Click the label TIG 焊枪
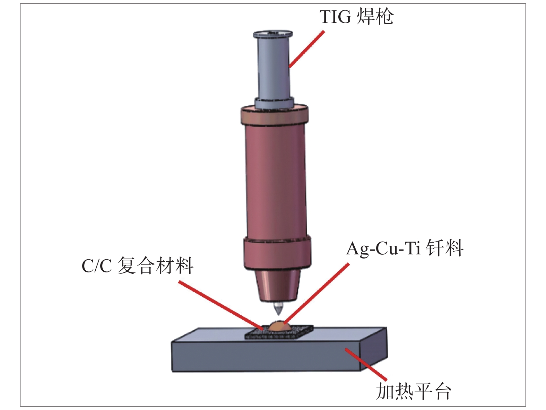pyautogui.click(x=356, y=17)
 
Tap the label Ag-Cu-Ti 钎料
pyautogui.click(x=405, y=248)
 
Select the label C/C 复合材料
pyautogui.click(x=137, y=266)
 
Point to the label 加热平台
pyautogui.click(x=413, y=391)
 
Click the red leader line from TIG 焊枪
pyautogui.click(x=307, y=49)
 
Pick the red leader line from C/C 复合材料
pyautogui.click(x=220, y=305)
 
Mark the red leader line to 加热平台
pyautogui.click(x=366, y=365)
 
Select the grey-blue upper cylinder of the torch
pyautogui.click(x=273, y=68)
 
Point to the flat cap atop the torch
pyautogui.click(x=273, y=34)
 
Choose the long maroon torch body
pyautogui.click(x=275, y=180)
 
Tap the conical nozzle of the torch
pyautogui.click(x=277, y=284)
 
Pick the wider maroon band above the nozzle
pyautogui.click(x=277, y=252)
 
